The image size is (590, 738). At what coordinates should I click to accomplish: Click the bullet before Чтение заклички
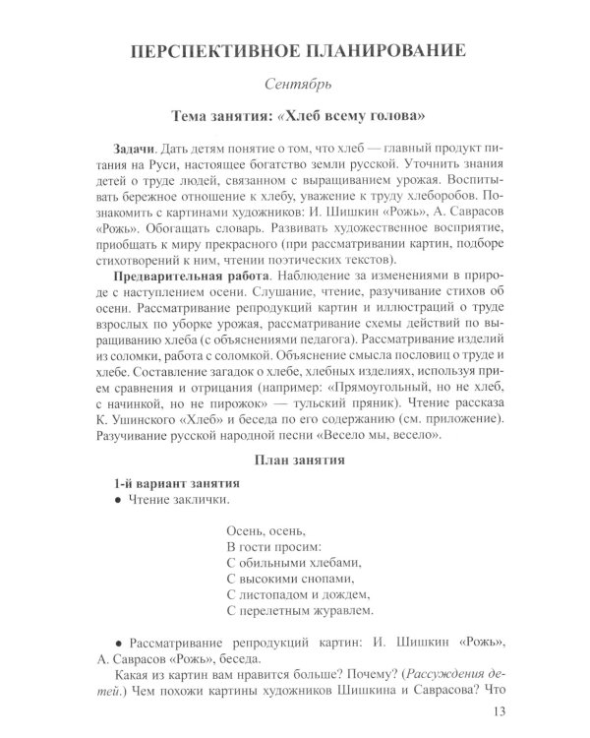118,503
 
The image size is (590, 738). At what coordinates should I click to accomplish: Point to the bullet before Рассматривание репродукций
118,644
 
